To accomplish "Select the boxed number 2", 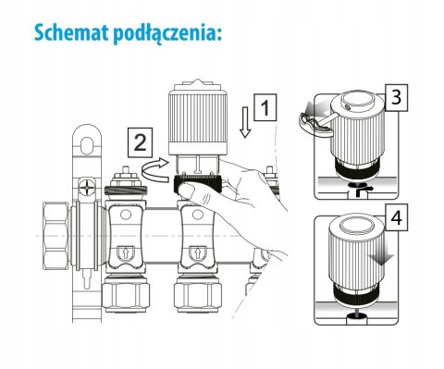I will tap(139, 142).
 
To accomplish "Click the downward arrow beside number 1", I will tap(243, 120).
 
